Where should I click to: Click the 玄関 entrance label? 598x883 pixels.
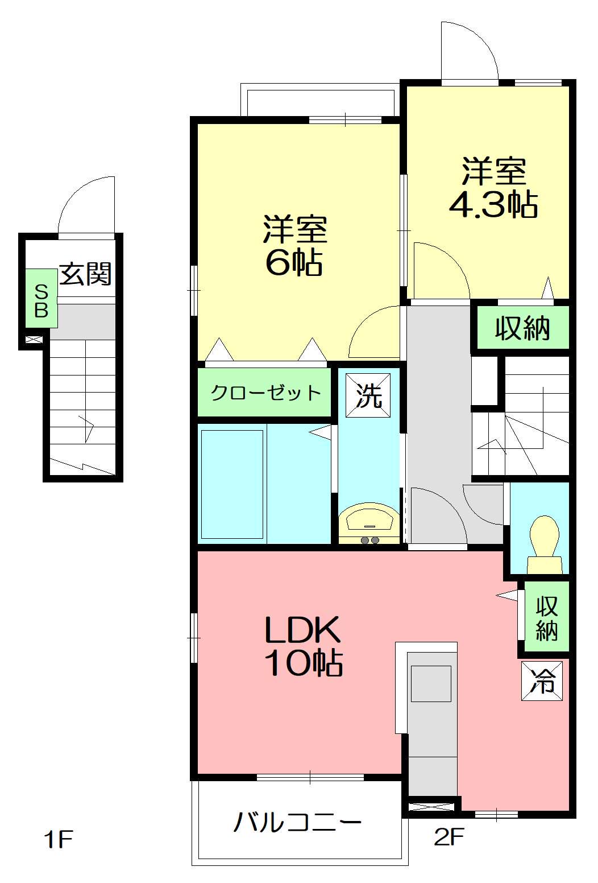tap(85, 274)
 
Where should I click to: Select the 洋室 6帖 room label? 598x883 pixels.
tap(294, 245)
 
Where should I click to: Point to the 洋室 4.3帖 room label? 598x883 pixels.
tap(493, 188)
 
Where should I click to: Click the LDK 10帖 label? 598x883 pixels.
tap(302, 645)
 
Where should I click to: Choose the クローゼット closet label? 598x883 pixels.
tap(265, 393)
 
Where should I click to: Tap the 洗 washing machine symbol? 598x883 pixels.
tap(369, 395)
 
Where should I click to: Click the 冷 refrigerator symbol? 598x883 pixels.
tap(542, 680)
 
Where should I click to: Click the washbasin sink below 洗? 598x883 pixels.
tap(368, 520)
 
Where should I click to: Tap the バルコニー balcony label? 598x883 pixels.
tap(297, 822)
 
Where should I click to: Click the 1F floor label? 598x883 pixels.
tap(59, 839)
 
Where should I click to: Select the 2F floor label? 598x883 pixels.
tap(449, 836)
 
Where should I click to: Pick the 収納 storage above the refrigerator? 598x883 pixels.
tap(546, 617)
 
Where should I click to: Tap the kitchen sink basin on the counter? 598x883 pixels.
tap(431, 683)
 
